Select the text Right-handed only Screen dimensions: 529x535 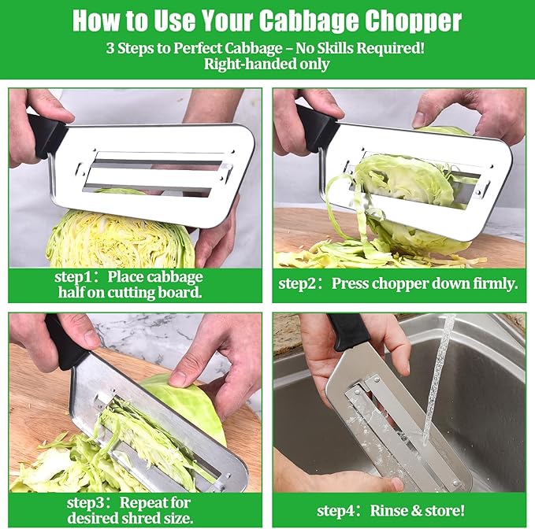click(x=266, y=65)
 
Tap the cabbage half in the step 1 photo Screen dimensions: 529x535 click(x=118, y=240)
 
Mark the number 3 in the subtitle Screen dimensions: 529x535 click(x=111, y=47)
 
